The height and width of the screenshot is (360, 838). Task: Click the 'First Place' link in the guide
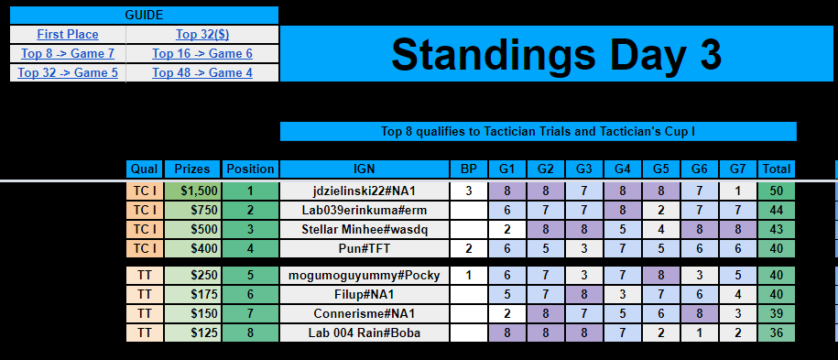pyautogui.click(x=68, y=34)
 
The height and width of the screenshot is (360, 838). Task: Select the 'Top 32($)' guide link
pyautogui.click(x=201, y=34)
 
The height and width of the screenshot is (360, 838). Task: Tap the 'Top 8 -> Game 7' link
pyautogui.click(x=67, y=53)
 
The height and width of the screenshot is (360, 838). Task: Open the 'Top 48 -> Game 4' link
pyautogui.click(x=201, y=72)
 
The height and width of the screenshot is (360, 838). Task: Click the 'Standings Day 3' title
pyautogui.click(x=556, y=54)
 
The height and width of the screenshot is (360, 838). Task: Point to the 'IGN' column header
pyautogui.click(x=364, y=169)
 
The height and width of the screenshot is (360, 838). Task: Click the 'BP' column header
pyautogui.click(x=468, y=169)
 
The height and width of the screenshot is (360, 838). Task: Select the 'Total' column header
pyautogui.click(x=776, y=169)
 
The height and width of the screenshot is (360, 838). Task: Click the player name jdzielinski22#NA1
pyautogui.click(x=364, y=191)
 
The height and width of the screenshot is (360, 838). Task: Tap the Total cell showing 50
pyautogui.click(x=776, y=191)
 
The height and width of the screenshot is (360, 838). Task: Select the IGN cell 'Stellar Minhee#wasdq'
pyautogui.click(x=364, y=229)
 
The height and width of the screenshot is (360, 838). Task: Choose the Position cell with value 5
pyautogui.click(x=250, y=275)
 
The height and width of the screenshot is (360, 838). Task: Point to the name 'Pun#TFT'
pyautogui.click(x=364, y=248)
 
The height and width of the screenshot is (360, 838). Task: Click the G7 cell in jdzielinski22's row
pyautogui.click(x=737, y=191)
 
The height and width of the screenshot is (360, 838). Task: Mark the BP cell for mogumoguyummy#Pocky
pyautogui.click(x=468, y=275)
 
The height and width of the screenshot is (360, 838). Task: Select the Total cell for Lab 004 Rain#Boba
pyautogui.click(x=776, y=333)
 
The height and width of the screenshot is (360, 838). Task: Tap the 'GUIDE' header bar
pyautogui.click(x=144, y=16)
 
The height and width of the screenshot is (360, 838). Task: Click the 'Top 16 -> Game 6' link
pyautogui.click(x=201, y=53)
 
